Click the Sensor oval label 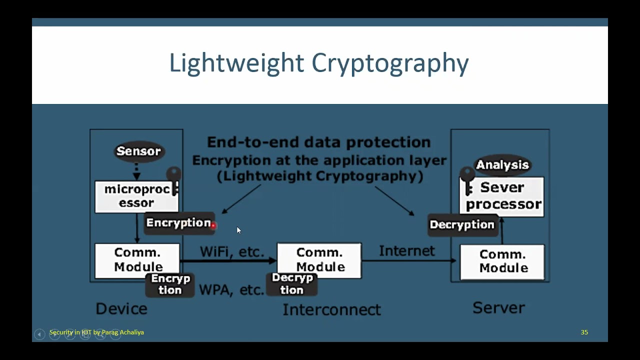pyautogui.click(x=138, y=151)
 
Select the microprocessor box pyautogui.click(x=136, y=196)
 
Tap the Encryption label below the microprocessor pyautogui.click(x=178, y=223)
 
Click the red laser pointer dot pyautogui.click(x=213, y=226)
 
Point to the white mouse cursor pyautogui.click(x=238, y=230)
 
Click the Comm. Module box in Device pyautogui.click(x=137, y=259)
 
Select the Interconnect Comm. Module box pyautogui.click(x=319, y=260)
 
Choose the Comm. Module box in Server pyautogui.click(x=502, y=261)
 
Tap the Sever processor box pyautogui.click(x=502, y=196)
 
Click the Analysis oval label pyautogui.click(x=502, y=165)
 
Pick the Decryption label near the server pyautogui.click(x=461, y=225)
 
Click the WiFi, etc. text pyautogui.click(x=231, y=251)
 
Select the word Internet pyautogui.click(x=406, y=250)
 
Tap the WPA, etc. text pyautogui.click(x=231, y=289)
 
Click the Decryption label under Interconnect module pyautogui.click(x=292, y=284)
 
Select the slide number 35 pyautogui.click(x=584, y=332)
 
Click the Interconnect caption pyautogui.click(x=331, y=309)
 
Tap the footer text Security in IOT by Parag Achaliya pyautogui.click(x=96, y=332)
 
